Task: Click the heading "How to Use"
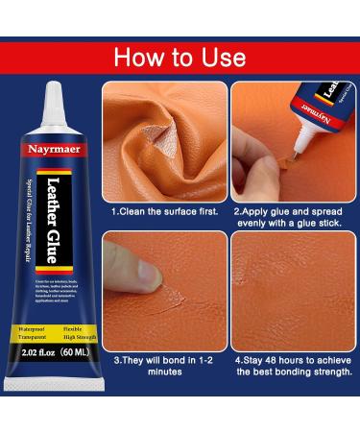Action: (x=180, y=56)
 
